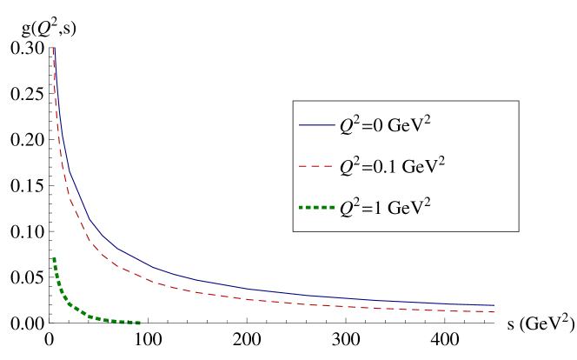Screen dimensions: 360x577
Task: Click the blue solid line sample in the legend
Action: [317, 125]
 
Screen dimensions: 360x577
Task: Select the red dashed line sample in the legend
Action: [317, 166]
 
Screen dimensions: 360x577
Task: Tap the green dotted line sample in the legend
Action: [317, 207]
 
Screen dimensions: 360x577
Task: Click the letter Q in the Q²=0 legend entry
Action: [346, 126]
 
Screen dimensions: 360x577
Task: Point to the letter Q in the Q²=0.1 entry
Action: [346, 167]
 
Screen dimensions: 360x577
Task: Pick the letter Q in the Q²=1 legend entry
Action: [346, 208]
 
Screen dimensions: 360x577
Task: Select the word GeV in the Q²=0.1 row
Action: [419, 166]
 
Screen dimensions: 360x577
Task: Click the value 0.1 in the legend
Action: [382, 166]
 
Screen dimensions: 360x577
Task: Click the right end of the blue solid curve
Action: [494, 305]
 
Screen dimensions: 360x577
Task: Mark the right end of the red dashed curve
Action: [494, 311]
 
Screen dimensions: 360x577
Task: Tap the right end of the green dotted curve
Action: [140, 323]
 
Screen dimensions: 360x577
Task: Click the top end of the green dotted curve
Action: [54, 258]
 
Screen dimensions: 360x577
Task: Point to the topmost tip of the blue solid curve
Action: [54, 48]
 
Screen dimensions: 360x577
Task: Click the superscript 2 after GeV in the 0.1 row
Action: [441, 159]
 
